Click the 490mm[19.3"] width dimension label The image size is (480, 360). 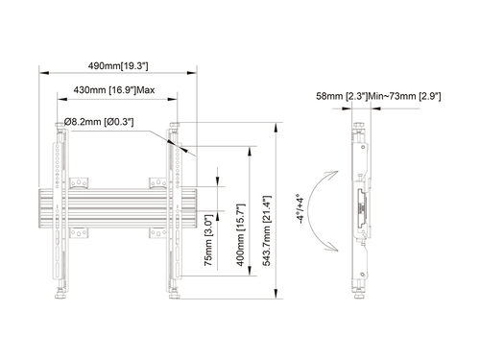118,66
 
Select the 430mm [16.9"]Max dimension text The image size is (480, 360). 114,90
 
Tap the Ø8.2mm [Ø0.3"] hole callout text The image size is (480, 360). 99,122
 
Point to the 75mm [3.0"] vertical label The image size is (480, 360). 208,240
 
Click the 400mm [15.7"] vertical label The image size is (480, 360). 240,234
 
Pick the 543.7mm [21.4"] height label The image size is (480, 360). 266,230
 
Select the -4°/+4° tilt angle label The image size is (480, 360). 300,208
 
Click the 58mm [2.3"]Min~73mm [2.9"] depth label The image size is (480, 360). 378,96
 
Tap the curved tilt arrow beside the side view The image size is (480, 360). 309,211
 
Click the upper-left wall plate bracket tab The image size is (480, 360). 79,182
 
